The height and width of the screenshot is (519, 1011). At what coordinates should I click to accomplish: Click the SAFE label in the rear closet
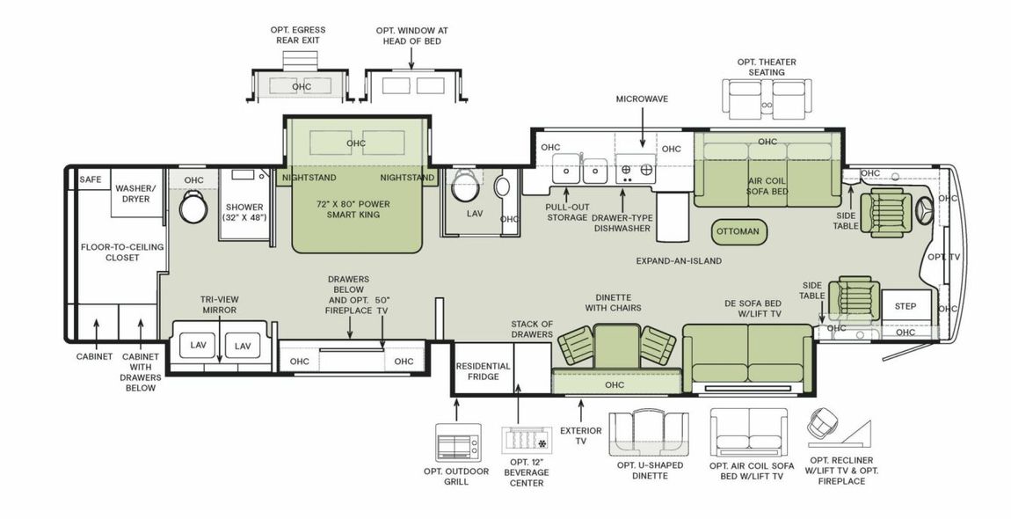[x=91, y=179]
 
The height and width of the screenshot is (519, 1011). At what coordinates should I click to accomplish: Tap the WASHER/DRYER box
[x=136, y=194]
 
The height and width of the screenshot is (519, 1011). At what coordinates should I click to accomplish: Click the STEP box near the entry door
[x=905, y=306]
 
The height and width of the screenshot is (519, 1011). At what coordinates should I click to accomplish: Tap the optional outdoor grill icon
[x=458, y=442]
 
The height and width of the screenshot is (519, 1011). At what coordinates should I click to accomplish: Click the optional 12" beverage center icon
[x=526, y=442]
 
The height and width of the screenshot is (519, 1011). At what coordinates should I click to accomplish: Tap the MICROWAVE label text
[x=642, y=99]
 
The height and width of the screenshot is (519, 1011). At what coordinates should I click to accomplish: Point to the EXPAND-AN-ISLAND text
[x=679, y=261]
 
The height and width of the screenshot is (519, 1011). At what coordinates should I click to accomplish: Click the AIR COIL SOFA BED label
[x=767, y=185]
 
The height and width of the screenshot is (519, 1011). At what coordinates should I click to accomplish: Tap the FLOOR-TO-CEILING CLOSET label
[x=122, y=253]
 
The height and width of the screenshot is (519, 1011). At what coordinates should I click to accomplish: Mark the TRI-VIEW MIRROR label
[x=219, y=305]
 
